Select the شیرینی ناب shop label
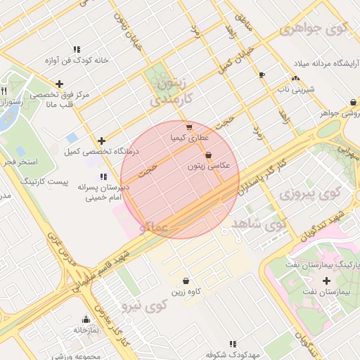tap(295, 89)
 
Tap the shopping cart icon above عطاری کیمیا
tap(189, 127)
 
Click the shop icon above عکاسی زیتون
tap(208, 155)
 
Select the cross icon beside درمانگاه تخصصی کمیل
tap(102, 141)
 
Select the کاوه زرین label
tap(186, 290)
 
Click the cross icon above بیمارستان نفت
tap(326, 281)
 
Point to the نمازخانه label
tap(85, 329)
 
